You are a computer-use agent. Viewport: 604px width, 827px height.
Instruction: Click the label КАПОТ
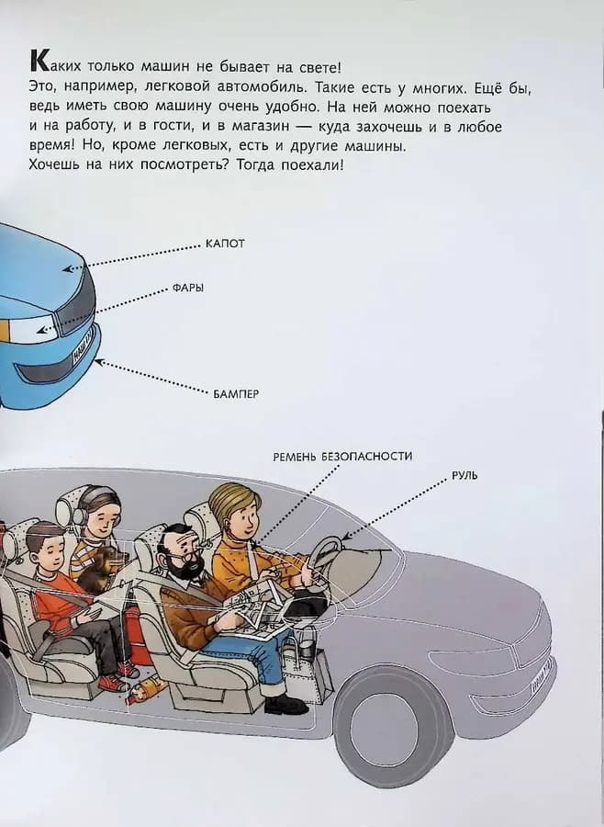coord(226,244)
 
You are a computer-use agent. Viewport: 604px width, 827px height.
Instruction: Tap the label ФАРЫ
coord(187,288)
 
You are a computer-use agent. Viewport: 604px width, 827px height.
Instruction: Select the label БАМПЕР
coord(236,393)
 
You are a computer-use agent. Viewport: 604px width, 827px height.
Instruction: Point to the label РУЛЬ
coord(464,476)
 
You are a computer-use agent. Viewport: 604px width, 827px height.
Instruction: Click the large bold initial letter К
coord(39,63)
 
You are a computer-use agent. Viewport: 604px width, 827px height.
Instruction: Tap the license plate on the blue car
coord(83,350)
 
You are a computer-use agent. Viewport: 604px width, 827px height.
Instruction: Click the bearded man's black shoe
coord(285,705)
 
